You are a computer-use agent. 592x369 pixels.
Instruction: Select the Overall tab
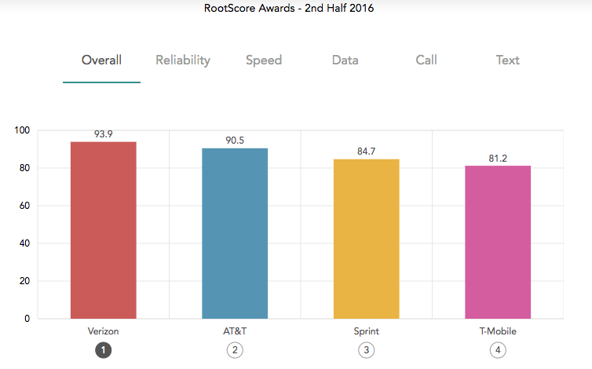pyautogui.click(x=101, y=60)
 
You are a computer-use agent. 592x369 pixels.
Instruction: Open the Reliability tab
pyautogui.click(x=183, y=60)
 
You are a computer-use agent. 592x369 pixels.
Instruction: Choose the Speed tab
pyautogui.click(x=264, y=60)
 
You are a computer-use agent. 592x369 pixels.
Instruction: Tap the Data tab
pyautogui.click(x=345, y=60)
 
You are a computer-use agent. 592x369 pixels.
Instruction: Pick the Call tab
pyautogui.click(x=427, y=60)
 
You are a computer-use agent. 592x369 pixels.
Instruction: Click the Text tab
pyautogui.click(x=508, y=60)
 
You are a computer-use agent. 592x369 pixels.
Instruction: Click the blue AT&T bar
pyautogui.click(x=235, y=233)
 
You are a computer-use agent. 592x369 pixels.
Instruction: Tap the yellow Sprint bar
pyautogui.click(x=367, y=239)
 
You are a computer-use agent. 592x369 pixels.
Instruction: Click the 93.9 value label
pyautogui.click(x=104, y=134)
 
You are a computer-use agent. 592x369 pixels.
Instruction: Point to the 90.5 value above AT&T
pyautogui.click(x=235, y=141)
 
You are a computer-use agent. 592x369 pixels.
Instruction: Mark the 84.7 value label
pyautogui.click(x=367, y=152)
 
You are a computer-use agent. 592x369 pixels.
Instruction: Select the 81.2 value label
pyautogui.click(x=498, y=159)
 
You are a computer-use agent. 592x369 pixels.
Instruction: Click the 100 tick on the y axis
pyautogui.click(x=22, y=130)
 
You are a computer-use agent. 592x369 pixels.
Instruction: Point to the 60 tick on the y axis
pyautogui.click(x=24, y=206)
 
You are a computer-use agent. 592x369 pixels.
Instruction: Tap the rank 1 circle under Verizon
pyautogui.click(x=104, y=351)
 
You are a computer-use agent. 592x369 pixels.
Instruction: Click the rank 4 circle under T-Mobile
pyautogui.click(x=498, y=351)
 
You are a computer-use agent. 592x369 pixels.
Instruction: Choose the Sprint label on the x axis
pyautogui.click(x=367, y=331)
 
